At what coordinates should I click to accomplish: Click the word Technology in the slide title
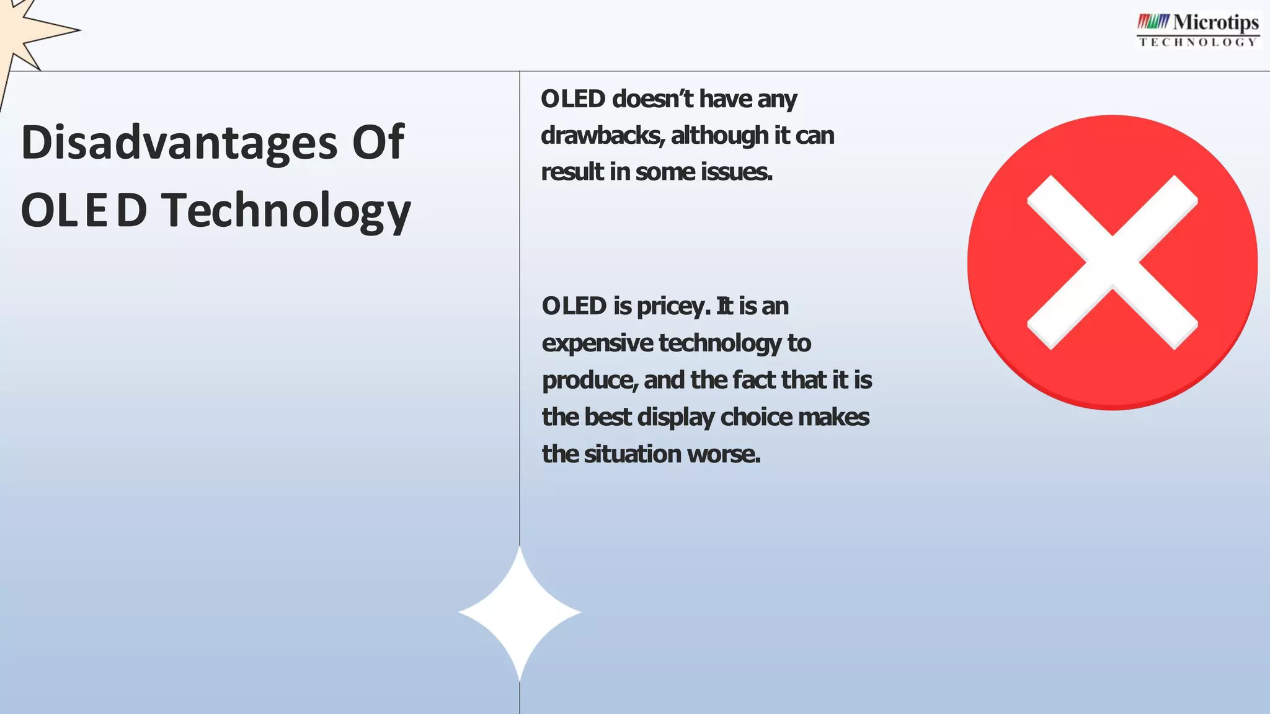pos(286,211)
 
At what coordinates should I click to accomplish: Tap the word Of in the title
pos(378,143)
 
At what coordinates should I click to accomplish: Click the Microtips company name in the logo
pos(1215,23)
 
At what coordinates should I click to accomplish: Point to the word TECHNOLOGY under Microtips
pos(1198,42)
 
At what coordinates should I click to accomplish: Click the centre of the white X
pos(1112,262)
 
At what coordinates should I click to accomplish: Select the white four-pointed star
pos(520,612)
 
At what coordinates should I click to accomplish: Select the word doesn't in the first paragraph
pos(652,99)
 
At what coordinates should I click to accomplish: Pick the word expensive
pos(597,343)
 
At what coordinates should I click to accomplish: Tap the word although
pos(719,135)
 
